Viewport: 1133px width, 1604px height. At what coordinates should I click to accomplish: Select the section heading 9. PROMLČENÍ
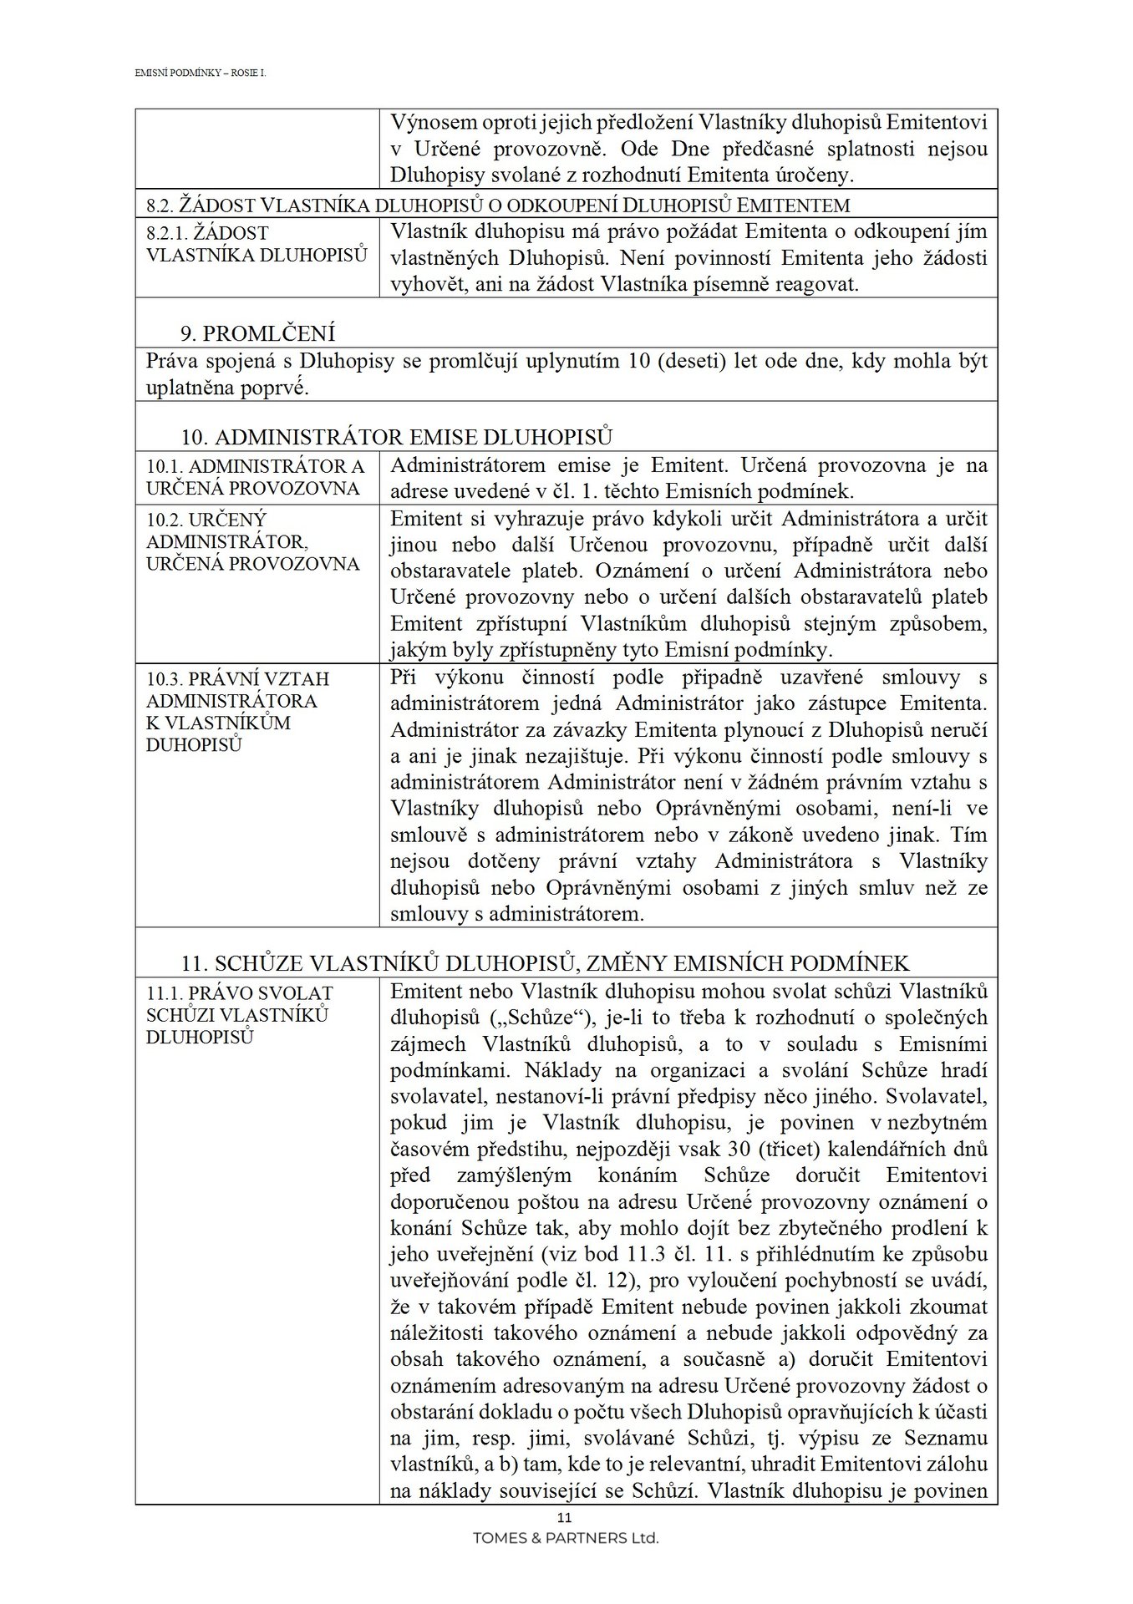[x=258, y=334]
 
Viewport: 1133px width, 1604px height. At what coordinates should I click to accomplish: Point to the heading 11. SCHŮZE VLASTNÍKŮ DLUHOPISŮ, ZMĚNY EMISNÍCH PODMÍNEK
[x=545, y=963]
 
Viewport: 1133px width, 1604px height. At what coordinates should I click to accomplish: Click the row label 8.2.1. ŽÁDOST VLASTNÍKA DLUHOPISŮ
[x=256, y=244]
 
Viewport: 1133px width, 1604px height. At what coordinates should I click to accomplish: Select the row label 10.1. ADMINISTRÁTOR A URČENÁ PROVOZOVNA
[x=255, y=477]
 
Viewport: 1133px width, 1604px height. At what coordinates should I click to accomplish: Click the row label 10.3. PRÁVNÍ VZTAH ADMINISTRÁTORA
[x=237, y=711]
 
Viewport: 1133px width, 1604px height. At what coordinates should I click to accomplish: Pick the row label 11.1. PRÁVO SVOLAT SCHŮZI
[x=239, y=1014]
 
